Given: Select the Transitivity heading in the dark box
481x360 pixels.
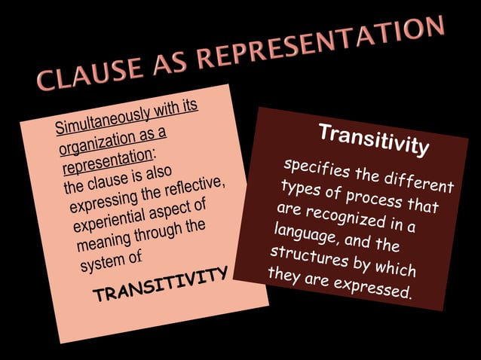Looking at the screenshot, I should (x=374, y=139).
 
